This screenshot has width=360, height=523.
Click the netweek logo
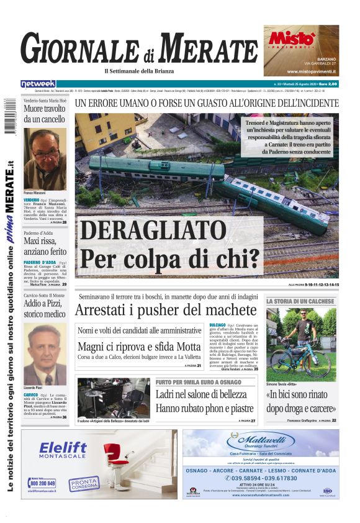pos(38,84)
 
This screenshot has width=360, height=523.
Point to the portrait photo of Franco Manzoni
pos(45,159)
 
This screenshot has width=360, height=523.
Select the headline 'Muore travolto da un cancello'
pos(44,114)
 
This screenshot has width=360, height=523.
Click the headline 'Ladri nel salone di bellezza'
pos(201,394)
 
